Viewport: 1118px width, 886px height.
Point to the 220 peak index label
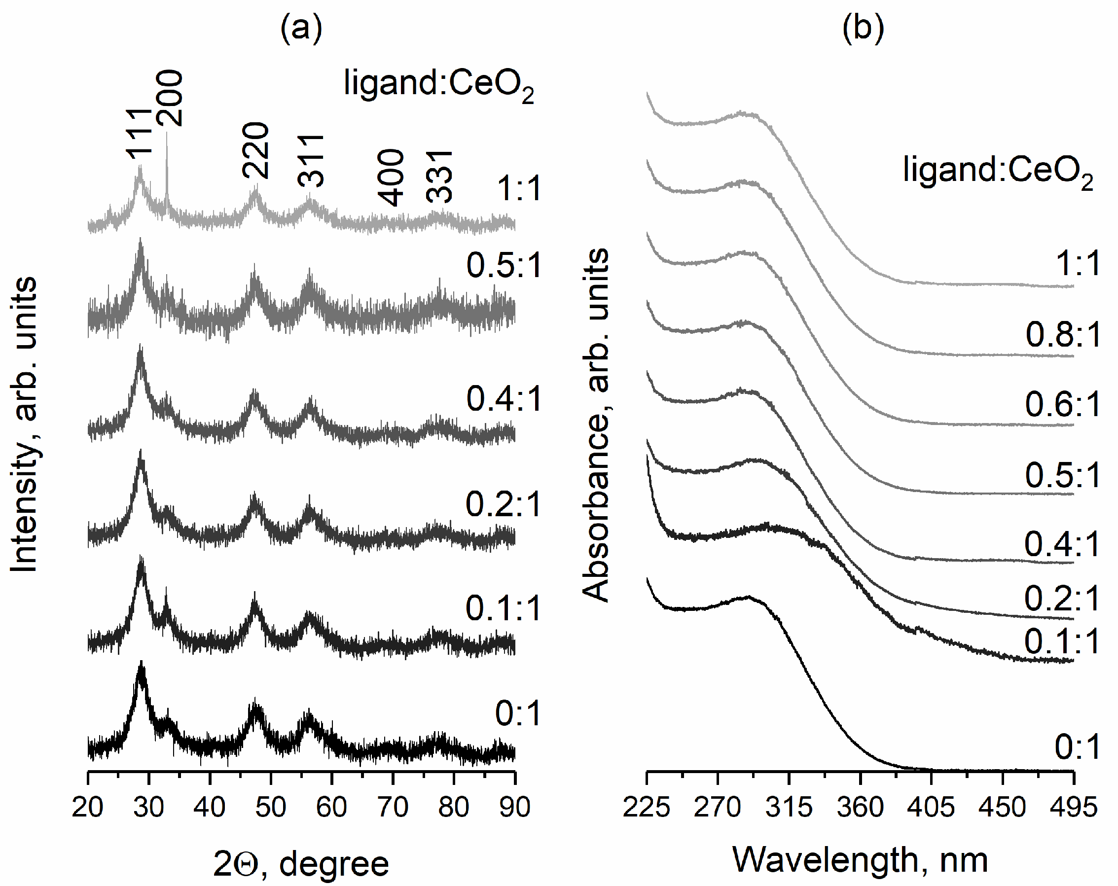point(256,150)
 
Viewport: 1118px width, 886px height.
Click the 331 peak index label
point(439,177)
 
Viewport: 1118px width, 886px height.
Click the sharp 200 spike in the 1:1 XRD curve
point(167,171)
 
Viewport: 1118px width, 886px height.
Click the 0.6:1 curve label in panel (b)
point(1062,404)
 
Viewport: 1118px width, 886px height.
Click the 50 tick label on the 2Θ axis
point(270,807)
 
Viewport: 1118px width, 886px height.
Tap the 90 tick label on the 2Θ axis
point(514,807)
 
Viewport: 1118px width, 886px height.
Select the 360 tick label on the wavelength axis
point(860,807)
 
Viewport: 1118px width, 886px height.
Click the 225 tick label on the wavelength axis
point(646,807)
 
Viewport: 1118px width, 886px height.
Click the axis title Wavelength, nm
point(860,860)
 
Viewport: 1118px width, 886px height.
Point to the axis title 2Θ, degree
point(301,863)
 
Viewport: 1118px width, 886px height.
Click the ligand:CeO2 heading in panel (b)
point(997,171)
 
